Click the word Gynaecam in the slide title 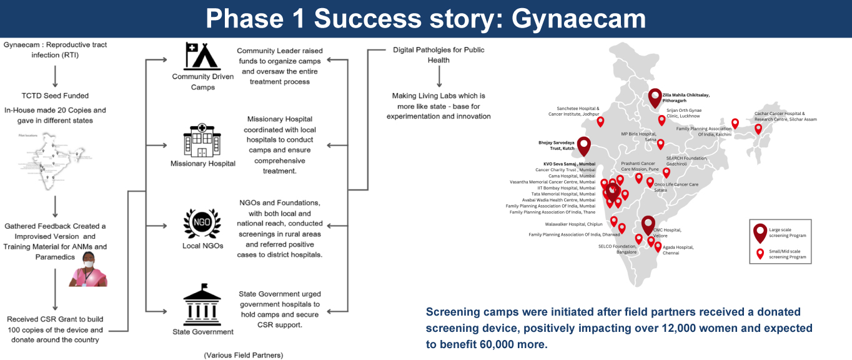[578, 18]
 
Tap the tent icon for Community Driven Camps [202, 56]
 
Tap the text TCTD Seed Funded [55, 96]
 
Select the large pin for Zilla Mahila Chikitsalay [655, 97]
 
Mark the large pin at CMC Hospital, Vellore [648, 224]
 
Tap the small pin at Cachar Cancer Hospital [758, 129]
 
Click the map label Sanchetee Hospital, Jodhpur [573, 111]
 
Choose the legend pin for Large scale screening [760, 232]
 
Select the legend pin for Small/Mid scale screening [760, 254]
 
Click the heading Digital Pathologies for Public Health [438, 54]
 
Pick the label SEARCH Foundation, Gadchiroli [686, 161]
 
